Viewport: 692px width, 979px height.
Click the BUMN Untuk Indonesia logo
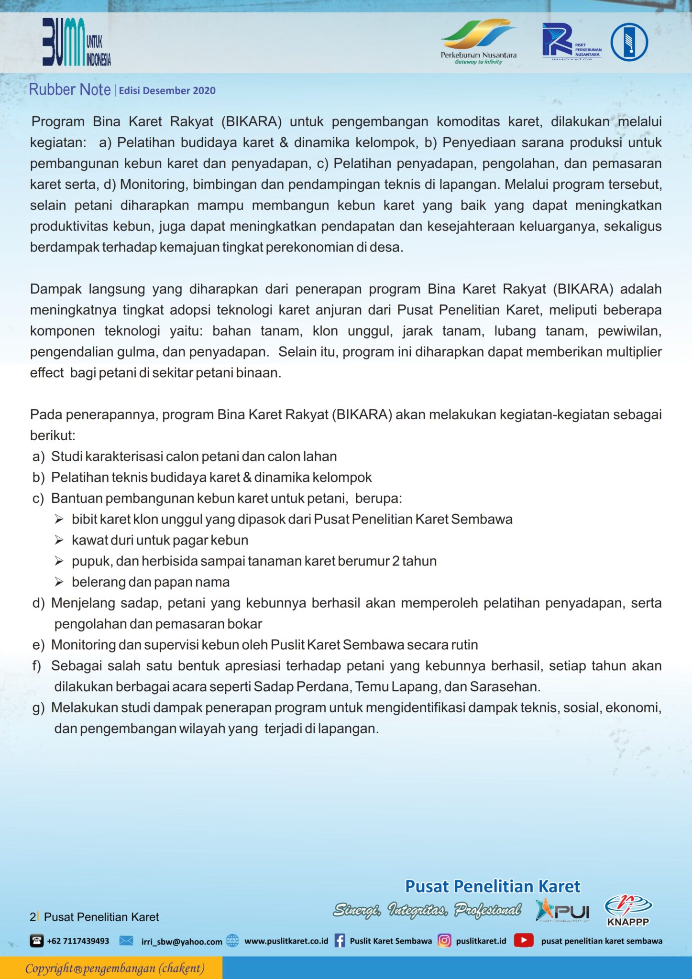tap(76, 42)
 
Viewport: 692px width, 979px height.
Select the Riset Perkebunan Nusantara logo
tap(571, 42)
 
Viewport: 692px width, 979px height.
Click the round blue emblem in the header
tap(629, 42)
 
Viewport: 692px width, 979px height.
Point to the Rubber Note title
tap(70, 90)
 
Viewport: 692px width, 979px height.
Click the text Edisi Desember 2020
tap(167, 91)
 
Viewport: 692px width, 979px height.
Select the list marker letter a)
tap(38, 457)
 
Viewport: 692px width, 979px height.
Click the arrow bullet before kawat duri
tap(59, 540)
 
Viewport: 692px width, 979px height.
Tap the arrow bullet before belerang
tap(59, 582)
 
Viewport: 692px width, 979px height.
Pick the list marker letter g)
tap(38, 708)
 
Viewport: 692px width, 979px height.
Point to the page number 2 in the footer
tap(33, 917)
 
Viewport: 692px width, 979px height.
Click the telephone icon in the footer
tap(37, 941)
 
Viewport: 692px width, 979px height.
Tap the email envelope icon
tap(126, 941)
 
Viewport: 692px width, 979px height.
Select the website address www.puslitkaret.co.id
tap(286, 941)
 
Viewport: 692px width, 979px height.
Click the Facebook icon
tap(340, 941)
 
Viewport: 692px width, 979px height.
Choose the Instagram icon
tap(444, 940)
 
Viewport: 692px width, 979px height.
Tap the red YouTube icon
tap(524, 940)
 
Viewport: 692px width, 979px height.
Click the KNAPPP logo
tap(628, 911)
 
